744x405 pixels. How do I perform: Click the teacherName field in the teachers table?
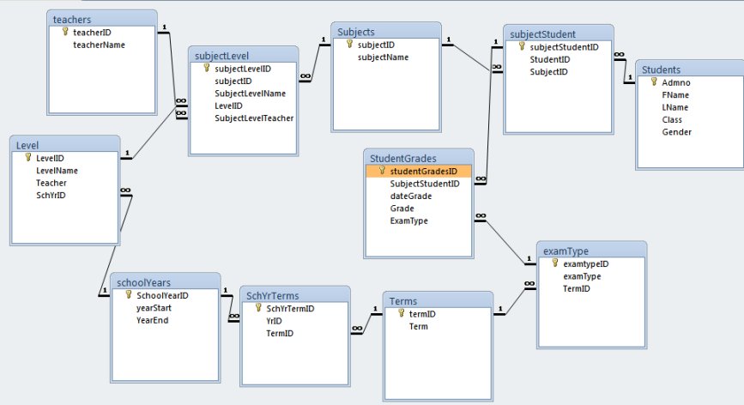[99, 45]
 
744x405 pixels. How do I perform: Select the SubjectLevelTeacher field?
[254, 118]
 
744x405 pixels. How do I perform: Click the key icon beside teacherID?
[65, 32]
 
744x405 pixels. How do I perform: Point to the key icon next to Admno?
[654, 82]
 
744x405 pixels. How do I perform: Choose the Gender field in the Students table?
[676, 132]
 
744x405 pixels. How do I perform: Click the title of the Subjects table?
[356, 32]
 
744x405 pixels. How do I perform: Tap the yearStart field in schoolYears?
[154, 308]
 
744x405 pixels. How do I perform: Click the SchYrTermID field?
[290, 309]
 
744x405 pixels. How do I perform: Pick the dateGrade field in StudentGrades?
[410, 196]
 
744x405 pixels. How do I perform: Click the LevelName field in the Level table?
[57, 171]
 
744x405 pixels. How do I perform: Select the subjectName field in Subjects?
[383, 57]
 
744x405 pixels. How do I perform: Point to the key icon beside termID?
[402, 313]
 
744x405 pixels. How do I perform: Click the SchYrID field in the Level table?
[51, 196]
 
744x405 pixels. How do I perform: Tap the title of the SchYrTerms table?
[272, 295]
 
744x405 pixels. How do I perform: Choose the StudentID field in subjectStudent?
[549, 60]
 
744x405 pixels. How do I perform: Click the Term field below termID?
[419, 326]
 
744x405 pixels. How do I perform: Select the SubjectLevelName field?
[250, 94]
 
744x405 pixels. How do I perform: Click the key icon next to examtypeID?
[555, 263]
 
